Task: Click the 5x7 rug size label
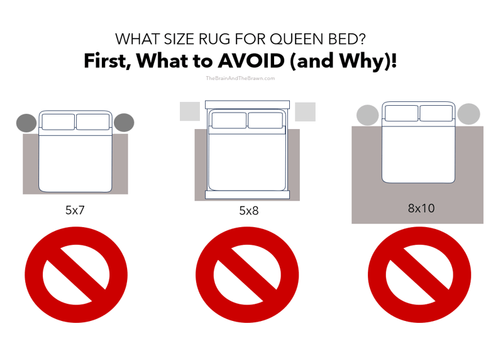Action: point(75,210)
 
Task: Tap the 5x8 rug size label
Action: point(247,210)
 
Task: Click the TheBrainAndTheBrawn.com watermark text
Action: point(240,79)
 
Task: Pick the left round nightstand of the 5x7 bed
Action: point(26,123)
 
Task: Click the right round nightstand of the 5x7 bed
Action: point(124,123)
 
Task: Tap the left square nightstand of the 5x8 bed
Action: point(189,111)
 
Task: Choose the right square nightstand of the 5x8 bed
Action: point(305,111)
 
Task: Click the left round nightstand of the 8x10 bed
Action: point(367,115)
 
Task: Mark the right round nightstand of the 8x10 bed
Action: point(468,114)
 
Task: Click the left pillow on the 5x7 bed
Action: point(58,121)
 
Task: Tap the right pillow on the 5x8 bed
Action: point(264,120)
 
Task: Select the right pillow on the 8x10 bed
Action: point(436,113)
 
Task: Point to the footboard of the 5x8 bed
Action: point(247,195)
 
